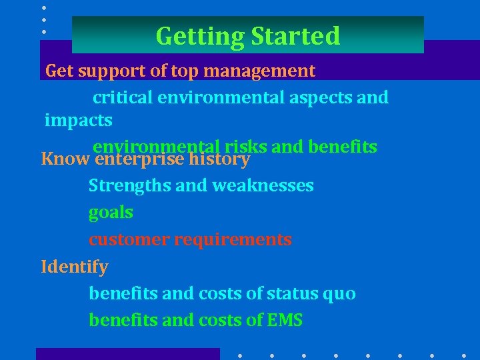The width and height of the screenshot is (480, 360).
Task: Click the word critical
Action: click(122, 97)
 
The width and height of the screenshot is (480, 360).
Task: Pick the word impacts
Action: click(78, 121)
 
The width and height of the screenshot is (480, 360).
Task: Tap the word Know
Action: click(66, 160)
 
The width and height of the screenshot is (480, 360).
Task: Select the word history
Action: click(219, 160)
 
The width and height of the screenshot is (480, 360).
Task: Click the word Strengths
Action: click(129, 185)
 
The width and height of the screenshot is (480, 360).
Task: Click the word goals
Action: click(111, 213)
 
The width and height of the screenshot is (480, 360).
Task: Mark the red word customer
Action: click(129, 239)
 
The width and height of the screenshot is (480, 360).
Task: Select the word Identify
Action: click(74, 267)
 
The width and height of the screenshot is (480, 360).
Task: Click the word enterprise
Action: click(140, 160)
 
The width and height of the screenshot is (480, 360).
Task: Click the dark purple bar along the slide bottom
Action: click(127, 354)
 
